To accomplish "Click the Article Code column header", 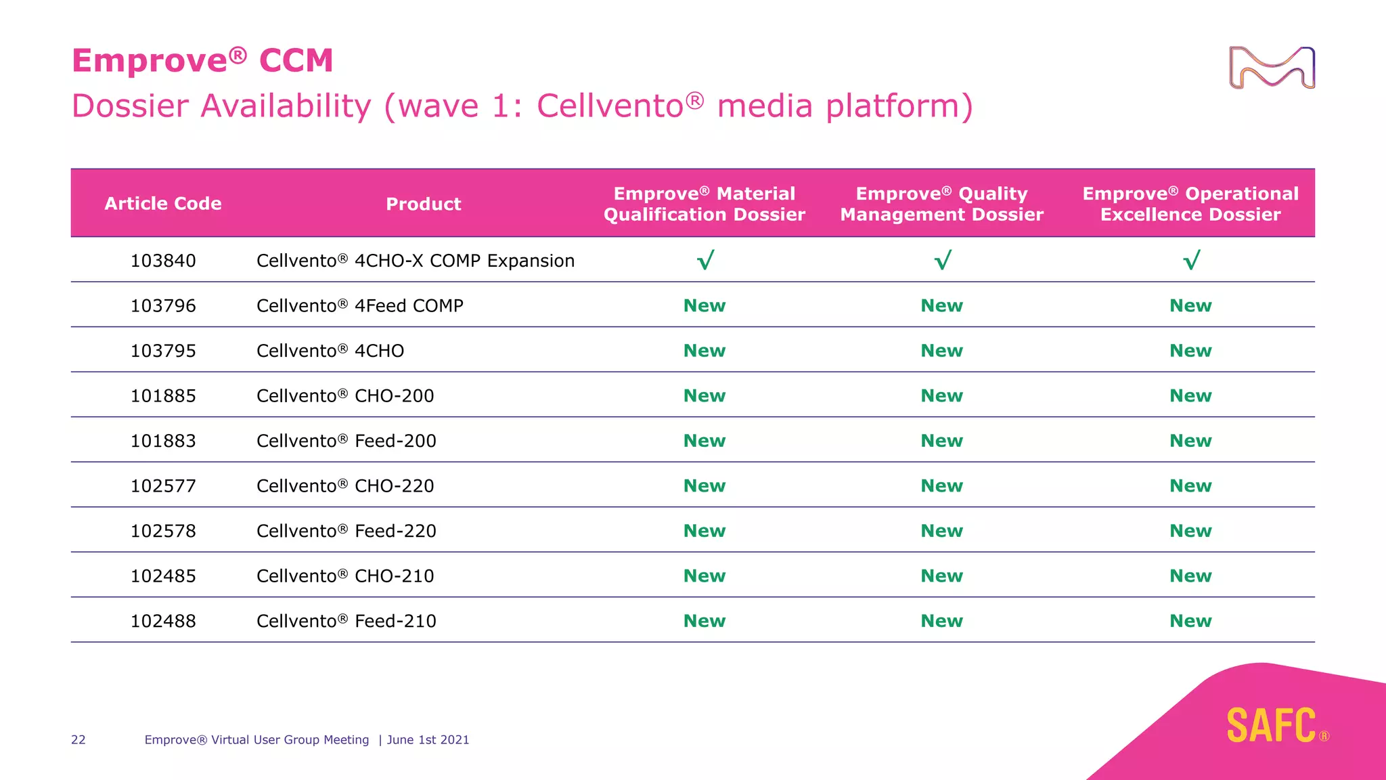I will coord(163,204).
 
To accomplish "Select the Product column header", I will coord(423,204).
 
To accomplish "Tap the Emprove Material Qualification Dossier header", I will coord(704,204).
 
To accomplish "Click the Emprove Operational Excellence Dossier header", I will coord(1190,204).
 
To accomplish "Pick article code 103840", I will coord(163,261).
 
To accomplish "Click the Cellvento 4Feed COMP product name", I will coord(359,306).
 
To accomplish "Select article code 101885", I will coord(163,396).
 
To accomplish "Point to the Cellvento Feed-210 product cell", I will coord(346,621).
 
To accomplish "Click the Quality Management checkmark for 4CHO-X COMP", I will coord(942,261).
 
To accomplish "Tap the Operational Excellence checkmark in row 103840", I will coord(1191,261).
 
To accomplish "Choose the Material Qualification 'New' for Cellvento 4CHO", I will coord(704,351).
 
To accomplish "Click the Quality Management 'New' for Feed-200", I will coord(941,441).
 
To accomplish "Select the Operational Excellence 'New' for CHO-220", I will coord(1190,486).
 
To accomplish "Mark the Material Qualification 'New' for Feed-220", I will coord(704,531).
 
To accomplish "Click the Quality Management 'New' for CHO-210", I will coord(941,576).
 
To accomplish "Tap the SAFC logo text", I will coord(1271,726).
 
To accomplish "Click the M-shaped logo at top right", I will coord(1272,68).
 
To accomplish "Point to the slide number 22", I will coord(79,740).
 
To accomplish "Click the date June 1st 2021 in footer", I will coord(428,740).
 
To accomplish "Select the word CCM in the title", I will coord(296,61).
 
